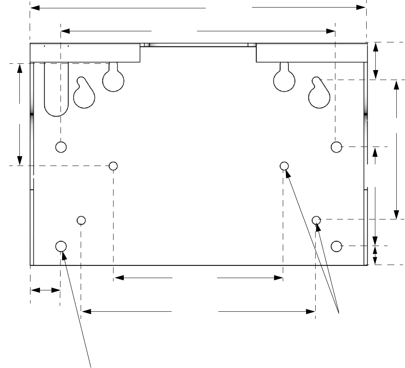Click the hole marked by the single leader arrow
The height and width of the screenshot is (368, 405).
coord(61,246)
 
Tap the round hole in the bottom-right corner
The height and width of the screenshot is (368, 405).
coord(336,246)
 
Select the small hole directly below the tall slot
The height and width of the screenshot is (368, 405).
coord(61,147)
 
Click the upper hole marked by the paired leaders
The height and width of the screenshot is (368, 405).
coord(284,166)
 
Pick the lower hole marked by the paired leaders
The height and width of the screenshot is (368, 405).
coord(316,220)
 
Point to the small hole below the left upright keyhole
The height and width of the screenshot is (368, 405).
coord(114,166)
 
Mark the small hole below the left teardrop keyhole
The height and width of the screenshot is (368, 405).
coord(81,220)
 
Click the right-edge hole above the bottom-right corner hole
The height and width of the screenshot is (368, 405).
coord(336,147)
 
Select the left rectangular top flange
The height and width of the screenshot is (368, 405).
coord(85,53)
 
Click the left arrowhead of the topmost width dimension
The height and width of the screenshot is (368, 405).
coord(34,8)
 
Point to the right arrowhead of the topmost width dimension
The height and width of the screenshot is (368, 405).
coord(361,8)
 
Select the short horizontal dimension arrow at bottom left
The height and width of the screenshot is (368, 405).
coord(45,290)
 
